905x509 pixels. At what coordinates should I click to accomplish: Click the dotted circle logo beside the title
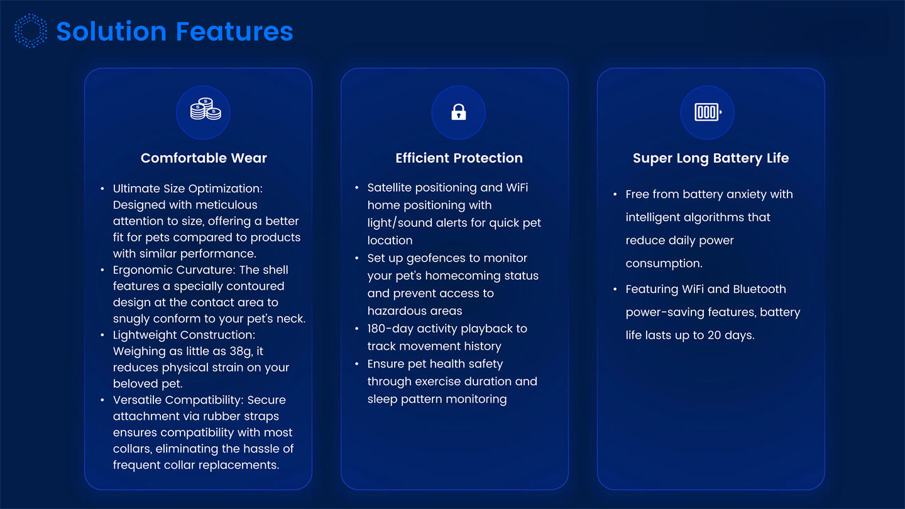coord(30,31)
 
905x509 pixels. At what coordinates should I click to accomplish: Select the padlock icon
coord(459,112)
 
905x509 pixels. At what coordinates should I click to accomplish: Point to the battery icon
coord(707,112)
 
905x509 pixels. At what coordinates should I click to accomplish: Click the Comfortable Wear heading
coord(204,158)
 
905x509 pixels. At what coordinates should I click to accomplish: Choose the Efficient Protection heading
coord(459,158)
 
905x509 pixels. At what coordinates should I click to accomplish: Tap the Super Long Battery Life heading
coord(710,158)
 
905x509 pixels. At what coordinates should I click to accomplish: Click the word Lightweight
coord(144,336)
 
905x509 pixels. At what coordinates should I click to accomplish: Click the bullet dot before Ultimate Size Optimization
coord(102,189)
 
